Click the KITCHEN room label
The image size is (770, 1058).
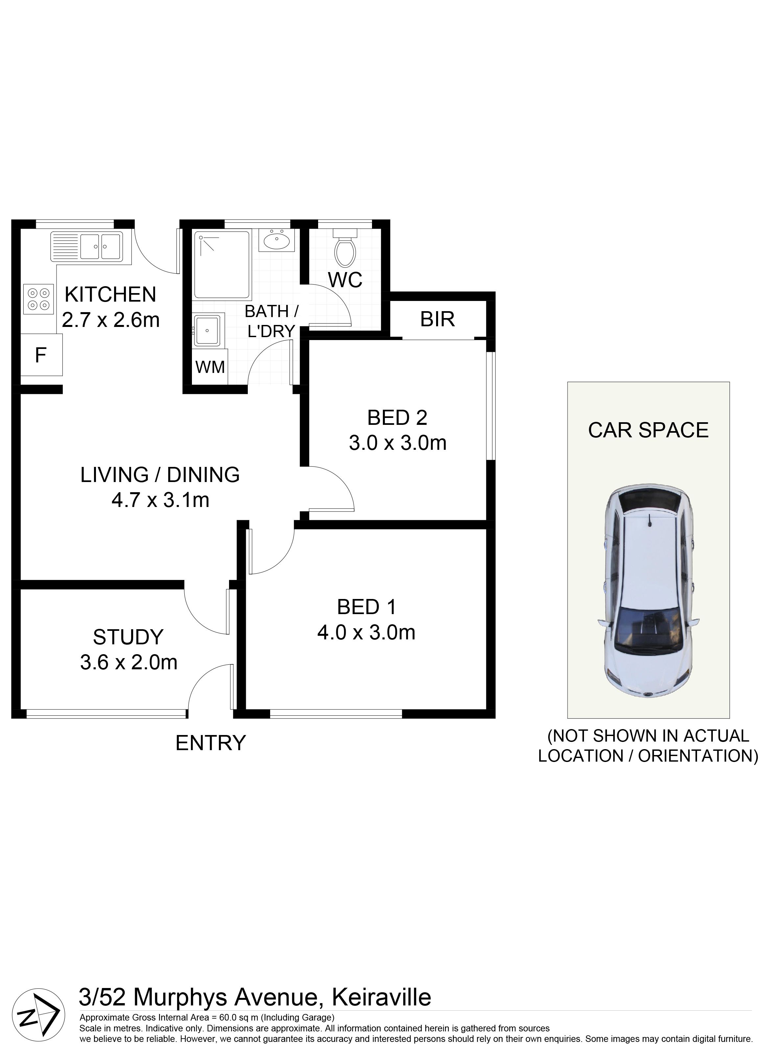click(111, 294)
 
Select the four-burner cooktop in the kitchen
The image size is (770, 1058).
click(39, 299)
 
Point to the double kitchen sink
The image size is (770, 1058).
click(87, 246)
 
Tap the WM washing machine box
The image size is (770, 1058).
click(210, 367)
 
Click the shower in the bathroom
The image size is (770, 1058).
click(222, 264)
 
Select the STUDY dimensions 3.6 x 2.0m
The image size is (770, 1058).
click(129, 662)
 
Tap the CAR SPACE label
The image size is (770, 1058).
click(648, 430)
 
